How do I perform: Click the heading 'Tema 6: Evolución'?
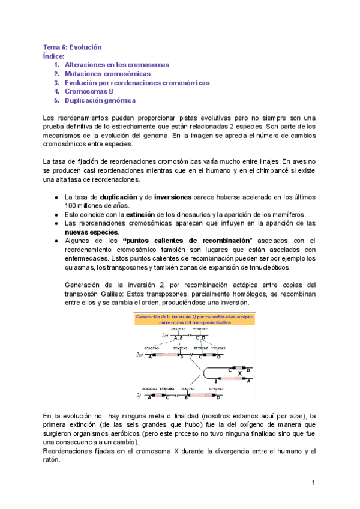(x=72, y=47)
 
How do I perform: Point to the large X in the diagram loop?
(x=239, y=372)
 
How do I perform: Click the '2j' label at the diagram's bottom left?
(x=139, y=397)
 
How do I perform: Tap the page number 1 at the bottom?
(x=313, y=483)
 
